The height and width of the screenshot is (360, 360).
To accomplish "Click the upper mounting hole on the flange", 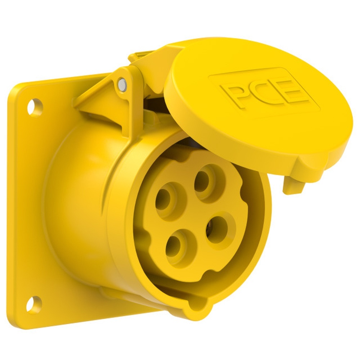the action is click(x=35, y=107).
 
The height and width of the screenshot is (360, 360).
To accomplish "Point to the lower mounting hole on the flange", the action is click(x=34, y=304).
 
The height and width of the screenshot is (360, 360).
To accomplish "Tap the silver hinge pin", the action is click(x=121, y=84).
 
